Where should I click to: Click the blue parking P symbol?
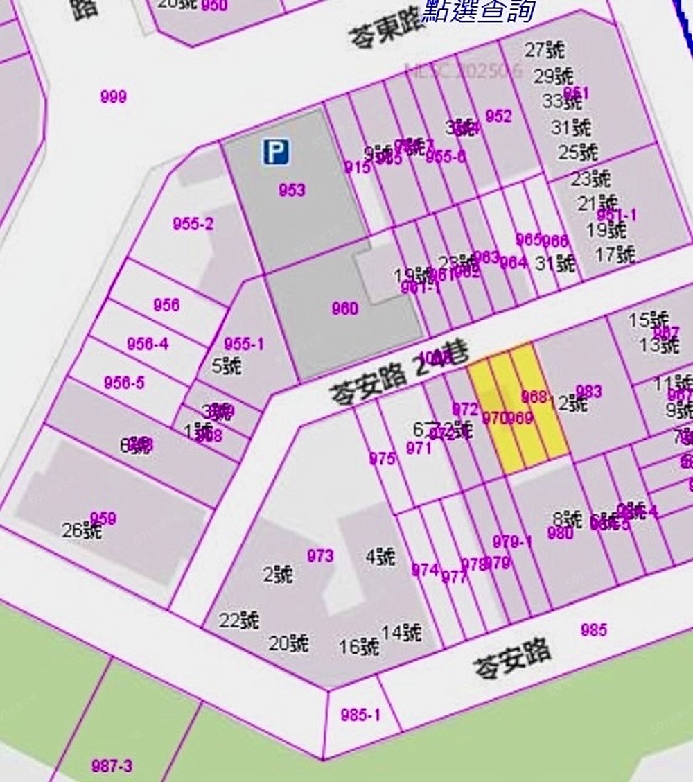click(276, 152)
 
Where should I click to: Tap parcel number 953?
click(292, 190)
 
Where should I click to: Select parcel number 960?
click(344, 309)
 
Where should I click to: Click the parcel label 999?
click(114, 97)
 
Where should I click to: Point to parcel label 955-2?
click(193, 224)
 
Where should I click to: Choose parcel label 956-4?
click(148, 344)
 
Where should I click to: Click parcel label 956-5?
click(124, 383)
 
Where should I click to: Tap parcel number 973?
click(320, 556)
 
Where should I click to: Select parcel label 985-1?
click(360, 715)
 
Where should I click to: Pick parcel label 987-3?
click(112, 766)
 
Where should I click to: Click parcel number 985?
click(594, 629)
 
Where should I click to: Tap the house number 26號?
click(82, 532)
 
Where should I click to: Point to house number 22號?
click(239, 620)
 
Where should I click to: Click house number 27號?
click(544, 50)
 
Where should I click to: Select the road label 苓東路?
click(384, 29)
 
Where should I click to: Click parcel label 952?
click(498, 116)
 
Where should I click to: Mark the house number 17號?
click(615, 254)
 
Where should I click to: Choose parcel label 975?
click(382, 459)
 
